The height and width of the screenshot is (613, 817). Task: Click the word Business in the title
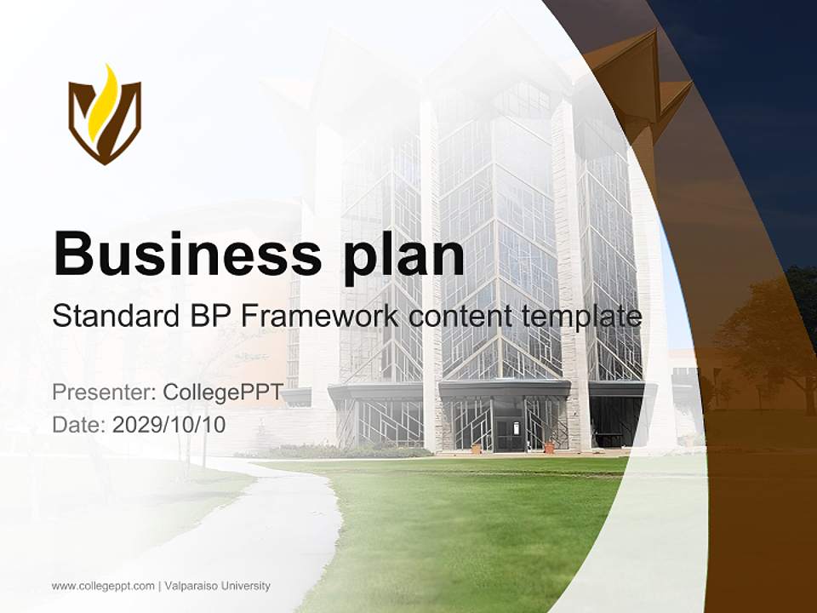(180, 253)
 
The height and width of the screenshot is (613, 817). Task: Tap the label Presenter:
(103, 392)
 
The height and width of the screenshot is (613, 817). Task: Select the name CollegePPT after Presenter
(223, 392)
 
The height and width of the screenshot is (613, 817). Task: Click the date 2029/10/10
(169, 424)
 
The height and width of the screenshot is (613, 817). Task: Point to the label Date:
(79, 424)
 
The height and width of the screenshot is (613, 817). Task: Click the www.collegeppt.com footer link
(103, 586)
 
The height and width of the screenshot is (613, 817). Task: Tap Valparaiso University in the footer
(218, 586)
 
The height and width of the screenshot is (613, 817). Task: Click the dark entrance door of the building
(509, 434)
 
